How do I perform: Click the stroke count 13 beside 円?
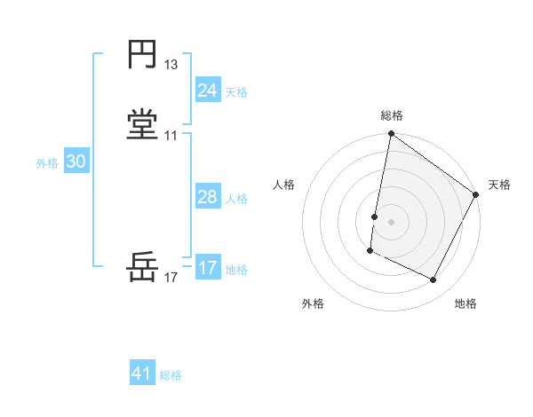[171, 65]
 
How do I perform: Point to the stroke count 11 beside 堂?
[171, 136]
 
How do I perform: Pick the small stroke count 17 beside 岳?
[171, 278]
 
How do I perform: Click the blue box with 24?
[208, 90]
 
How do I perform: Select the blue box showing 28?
[208, 197]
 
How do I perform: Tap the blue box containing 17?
[208, 268]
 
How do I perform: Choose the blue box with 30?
[76, 161]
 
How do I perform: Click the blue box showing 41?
[142, 374]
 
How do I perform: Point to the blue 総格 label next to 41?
[171, 375]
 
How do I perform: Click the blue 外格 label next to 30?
[47, 163]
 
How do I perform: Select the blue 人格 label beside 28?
[237, 199]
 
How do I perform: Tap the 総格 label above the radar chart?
[392, 115]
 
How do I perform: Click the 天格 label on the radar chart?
[499, 185]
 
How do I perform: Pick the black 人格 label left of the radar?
[284, 185]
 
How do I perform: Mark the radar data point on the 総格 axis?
[392, 135]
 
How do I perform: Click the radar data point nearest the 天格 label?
[477, 194]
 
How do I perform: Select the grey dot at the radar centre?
[392, 221]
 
